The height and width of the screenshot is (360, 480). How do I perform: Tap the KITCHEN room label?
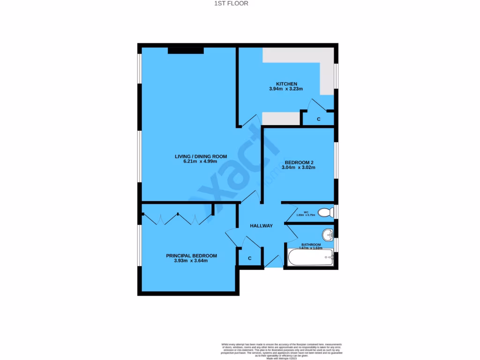[286, 84]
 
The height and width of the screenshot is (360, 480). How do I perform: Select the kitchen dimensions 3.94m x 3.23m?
[286, 89]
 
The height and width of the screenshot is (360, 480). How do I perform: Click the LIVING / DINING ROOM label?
[201, 157]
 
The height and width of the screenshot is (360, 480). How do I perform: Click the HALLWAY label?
[261, 226]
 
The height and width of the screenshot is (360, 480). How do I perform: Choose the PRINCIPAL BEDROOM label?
[191, 255]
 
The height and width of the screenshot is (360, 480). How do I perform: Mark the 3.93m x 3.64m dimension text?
[190, 261]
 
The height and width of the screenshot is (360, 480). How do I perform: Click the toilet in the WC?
[324, 213]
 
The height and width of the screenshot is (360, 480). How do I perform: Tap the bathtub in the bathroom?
[310, 257]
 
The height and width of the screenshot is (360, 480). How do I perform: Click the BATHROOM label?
[311, 245]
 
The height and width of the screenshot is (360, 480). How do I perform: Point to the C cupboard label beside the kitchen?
[319, 120]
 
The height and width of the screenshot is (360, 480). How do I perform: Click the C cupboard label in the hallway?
[250, 258]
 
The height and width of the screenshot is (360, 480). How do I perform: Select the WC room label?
[306, 212]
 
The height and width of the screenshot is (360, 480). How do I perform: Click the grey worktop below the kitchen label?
[281, 119]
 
